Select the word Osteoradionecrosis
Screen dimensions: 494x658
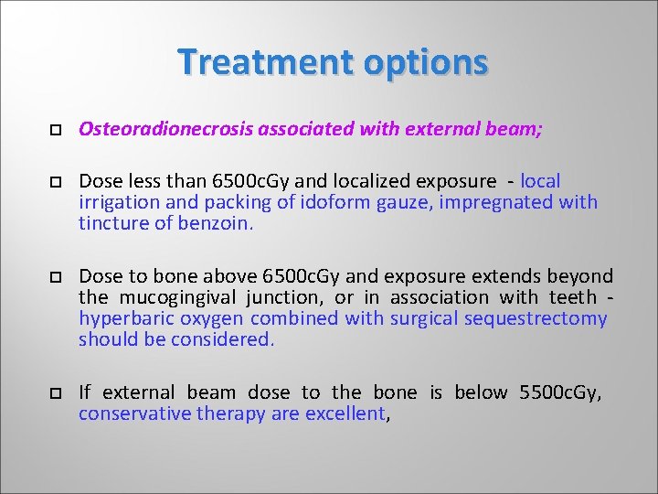click(166, 130)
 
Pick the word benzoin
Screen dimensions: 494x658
click(218, 223)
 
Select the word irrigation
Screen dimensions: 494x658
click(119, 202)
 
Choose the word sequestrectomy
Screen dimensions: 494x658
click(536, 318)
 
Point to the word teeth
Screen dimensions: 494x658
click(573, 297)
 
